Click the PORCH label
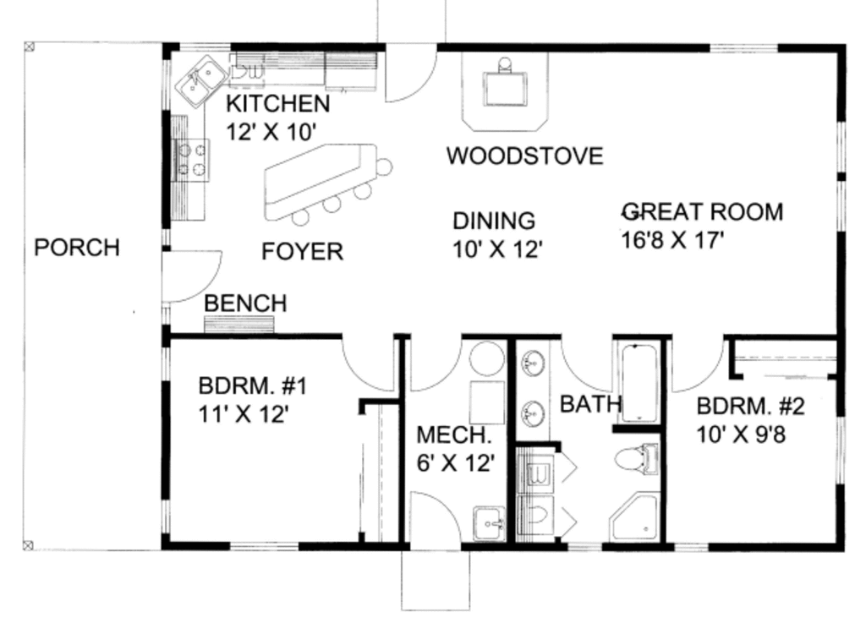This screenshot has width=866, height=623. [x=76, y=248]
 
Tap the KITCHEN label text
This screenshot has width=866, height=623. [x=277, y=104]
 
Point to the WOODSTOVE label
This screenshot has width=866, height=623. [x=524, y=156]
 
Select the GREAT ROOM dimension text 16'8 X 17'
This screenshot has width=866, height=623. [x=672, y=240]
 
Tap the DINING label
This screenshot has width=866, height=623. [x=494, y=221]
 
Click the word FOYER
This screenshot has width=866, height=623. [x=302, y=251]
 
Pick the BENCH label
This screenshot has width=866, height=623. [x=245, y=303]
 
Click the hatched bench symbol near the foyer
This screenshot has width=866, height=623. [x=239, y=325]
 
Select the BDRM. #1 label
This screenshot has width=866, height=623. [x=252, y=386]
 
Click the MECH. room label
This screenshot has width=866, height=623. [x=453, y=435]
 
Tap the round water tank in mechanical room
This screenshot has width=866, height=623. [x=486, y=359]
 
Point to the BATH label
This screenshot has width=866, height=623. [x=590, y=404]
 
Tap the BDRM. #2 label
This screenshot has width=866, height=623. [x=750, y=407]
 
